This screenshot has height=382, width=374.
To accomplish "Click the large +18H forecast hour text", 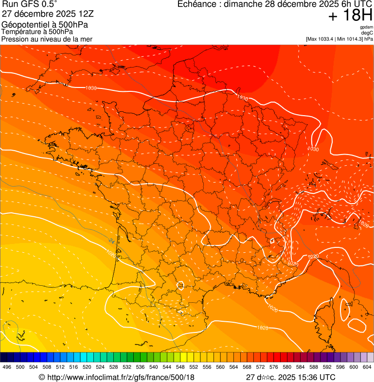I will click(350, 16).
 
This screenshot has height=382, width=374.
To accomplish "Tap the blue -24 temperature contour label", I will click(111, 241).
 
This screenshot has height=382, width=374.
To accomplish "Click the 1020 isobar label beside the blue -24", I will click(111, 253).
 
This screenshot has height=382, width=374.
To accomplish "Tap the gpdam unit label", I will click(366, 27).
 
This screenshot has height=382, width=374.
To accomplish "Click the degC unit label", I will click(367, 33).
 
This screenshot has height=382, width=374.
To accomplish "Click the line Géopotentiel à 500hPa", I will click(41, 25).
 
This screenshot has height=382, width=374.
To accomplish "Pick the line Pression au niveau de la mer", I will click(47, 39).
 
